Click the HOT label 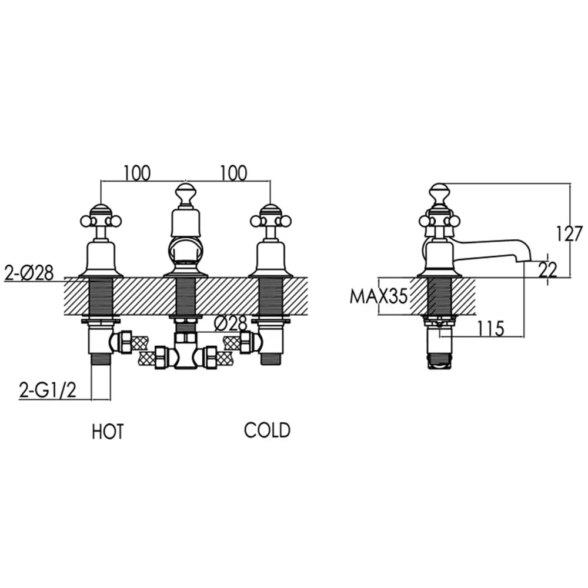click(108, 432)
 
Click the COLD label click(268, 430)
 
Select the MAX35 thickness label click(378, 296)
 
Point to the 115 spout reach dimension click(490, 329)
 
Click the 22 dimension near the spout click(547, 269)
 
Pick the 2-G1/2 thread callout click(48, 391)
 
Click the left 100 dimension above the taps click(137, 173)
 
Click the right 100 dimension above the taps click(233, 173)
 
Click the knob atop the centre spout click(185, 194)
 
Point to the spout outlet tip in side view click(525, 260)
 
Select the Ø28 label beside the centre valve click(230, 323)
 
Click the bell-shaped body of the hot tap click(101, 259)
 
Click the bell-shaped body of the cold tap click(270, 259)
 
